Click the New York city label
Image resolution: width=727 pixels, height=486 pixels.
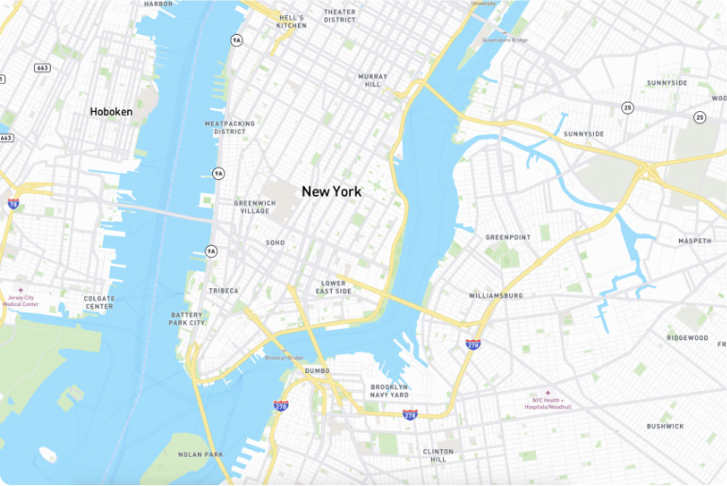tap(331, 191)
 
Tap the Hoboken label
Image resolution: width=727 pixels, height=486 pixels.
tap(111, 112)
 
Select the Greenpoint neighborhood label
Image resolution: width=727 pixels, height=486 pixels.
tap(508, 237)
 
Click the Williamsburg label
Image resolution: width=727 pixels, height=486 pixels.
tap(495, 296)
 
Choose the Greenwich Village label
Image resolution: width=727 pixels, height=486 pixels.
tap(255, 207)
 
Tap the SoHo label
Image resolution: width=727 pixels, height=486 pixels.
tap(275, 243)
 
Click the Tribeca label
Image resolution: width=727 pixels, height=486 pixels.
tap(223, 291)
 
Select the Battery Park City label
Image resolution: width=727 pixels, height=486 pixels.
tap(188, 318)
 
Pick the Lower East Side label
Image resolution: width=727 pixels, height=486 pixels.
tap(335, 287)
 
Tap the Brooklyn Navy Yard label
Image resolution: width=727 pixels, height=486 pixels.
tap(389, 391)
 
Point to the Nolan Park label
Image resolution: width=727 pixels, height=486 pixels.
tap(201, 454)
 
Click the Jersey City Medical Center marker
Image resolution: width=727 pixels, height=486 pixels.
tap(21, 290)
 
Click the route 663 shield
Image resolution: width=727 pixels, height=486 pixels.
tap(42, 68)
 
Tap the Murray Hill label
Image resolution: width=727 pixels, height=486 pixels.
tap(372, 80)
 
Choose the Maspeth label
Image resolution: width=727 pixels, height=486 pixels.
tap(695, 241)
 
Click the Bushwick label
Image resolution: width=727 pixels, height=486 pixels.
tap(665, 427)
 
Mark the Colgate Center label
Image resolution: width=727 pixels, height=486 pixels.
tap(99, 302)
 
